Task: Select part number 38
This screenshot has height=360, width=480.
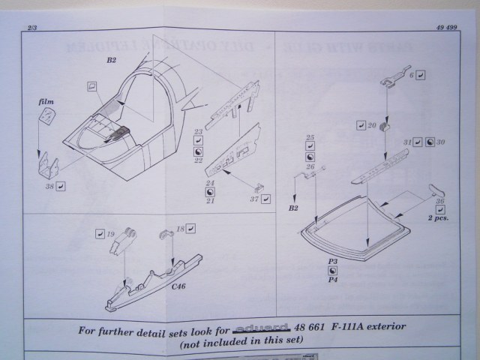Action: [x=49, y=184]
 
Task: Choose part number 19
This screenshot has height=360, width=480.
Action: [x=111, y=235]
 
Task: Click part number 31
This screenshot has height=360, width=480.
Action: [x=407, y=142]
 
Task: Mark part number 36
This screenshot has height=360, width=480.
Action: [x=440, y=200]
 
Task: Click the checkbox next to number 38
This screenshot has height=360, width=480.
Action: [x=61, y=185]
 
